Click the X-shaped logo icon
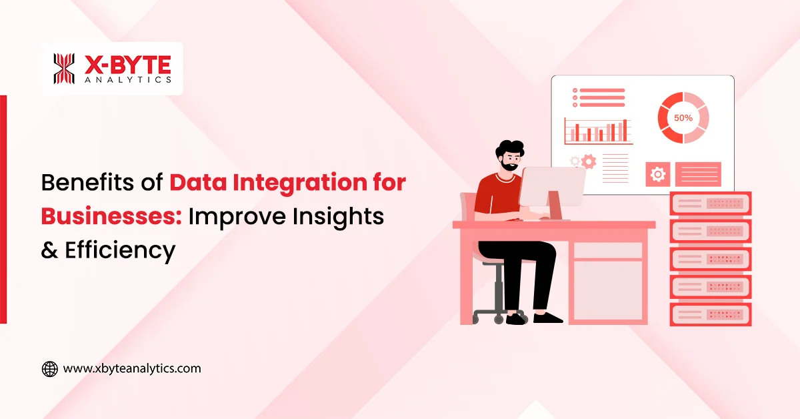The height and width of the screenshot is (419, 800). [65, 69]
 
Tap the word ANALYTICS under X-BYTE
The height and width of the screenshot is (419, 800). [128, 79]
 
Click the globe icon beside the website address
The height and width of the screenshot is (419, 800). [49, 369]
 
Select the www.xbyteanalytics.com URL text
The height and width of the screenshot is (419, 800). [131, 368]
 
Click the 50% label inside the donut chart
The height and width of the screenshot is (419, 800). [683, 118]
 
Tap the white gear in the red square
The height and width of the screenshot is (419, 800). [658, 175]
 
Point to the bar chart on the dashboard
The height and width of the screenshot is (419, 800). [597, 131]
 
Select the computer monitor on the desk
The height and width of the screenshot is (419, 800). [551, 187]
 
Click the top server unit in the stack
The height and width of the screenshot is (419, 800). [710, 203]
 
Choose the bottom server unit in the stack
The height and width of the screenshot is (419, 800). [710, 314]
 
